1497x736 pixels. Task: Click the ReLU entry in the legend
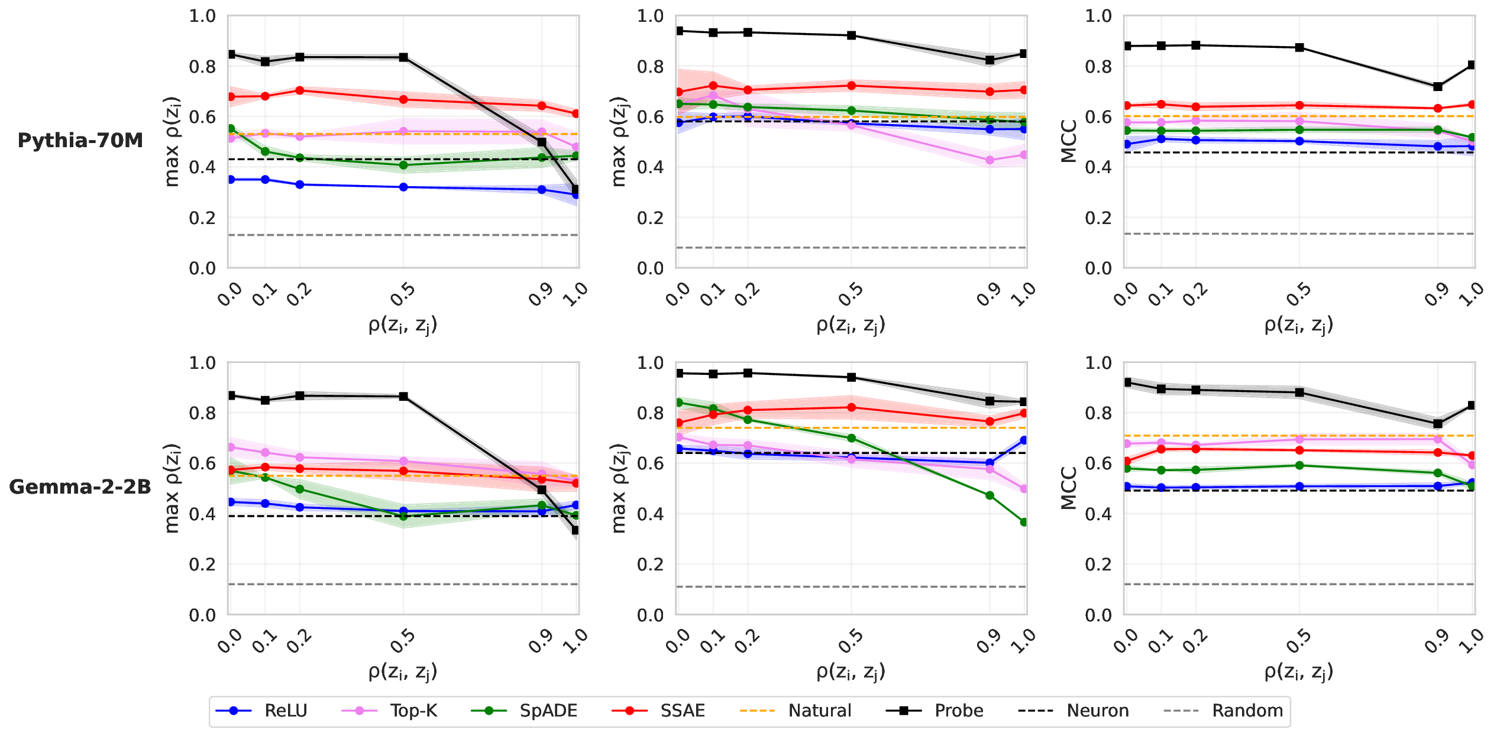click(286, 711)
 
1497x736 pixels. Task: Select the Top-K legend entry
click(413, 711)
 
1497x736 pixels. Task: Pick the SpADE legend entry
click(548, 711)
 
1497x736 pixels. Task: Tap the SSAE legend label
click(683, 711)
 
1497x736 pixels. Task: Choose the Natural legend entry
click(820, 711)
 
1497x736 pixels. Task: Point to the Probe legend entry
click(959, 711)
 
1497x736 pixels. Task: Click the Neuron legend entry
click(1098, 711)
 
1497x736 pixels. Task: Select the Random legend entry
click(1247, 711)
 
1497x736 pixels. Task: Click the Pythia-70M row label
click(80, 141)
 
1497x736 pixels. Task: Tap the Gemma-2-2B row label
click(80, 487)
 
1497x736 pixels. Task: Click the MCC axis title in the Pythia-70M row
click(1069, 141)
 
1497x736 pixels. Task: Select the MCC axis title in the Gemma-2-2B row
click(1069, 488)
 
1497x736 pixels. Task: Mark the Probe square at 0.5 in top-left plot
click(403, 57)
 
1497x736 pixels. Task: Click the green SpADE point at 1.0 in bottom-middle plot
click(1024, 522)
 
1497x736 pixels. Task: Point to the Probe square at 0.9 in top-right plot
click(1438, 86)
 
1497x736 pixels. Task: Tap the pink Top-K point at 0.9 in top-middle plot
click(990, 160)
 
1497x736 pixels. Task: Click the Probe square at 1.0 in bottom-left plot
click(576, 530)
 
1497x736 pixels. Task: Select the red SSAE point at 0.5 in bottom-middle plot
click(852, 407)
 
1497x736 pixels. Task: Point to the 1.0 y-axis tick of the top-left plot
click(202, 16)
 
